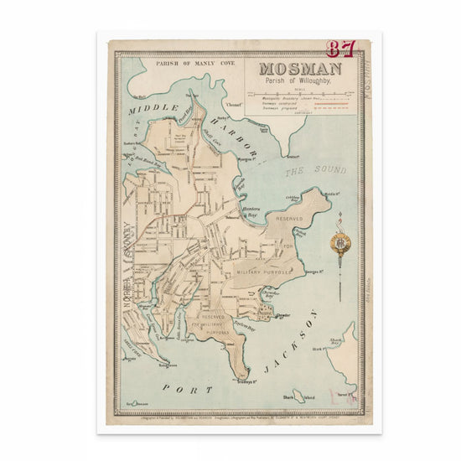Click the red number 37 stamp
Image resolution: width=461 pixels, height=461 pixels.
pyautogui.click(x=341, y=49)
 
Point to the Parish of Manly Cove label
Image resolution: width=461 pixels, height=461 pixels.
pyautogui.click(x=179, y=63)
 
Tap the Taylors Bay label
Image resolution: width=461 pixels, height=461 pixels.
pyautogui.click(x=243, y=328)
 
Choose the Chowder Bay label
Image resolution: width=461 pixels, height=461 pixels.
pyautogui.click(x=269, y=296)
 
